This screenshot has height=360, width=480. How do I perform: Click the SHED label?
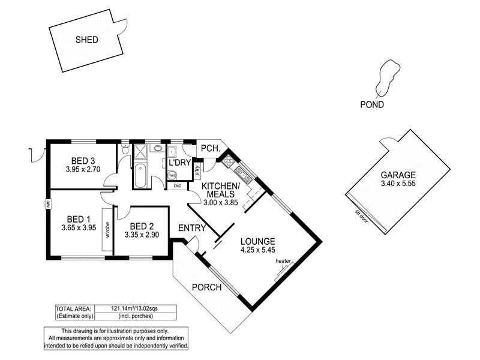87,41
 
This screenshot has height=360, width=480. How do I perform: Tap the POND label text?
372,104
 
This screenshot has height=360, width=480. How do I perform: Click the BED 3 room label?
83,161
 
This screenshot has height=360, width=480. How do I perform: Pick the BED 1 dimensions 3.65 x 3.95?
79,228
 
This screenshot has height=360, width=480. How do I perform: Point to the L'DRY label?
179,163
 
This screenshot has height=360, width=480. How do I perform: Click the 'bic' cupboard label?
177,186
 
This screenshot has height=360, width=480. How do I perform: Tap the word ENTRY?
192,228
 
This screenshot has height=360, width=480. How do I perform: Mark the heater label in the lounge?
283,262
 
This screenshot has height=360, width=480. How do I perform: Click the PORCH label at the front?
206,287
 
